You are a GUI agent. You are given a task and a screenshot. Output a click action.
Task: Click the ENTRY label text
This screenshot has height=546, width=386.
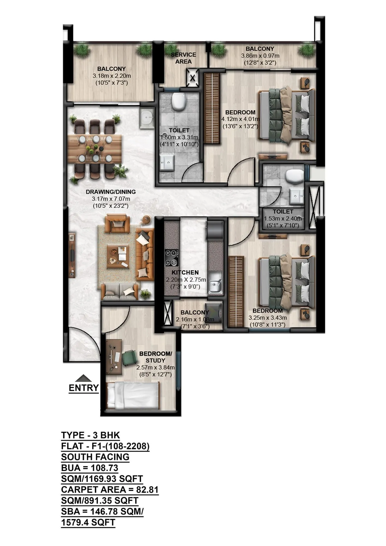click(x=84, y=388)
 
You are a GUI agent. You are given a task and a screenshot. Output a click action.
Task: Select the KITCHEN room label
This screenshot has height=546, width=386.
click(x=185, y=272)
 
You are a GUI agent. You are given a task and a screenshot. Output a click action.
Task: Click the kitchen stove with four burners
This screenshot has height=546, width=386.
click(x=171, y=258)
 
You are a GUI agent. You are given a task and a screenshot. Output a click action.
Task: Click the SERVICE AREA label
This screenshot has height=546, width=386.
click(x=183, y=58)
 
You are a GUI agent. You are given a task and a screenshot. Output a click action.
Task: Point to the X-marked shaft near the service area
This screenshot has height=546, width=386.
click(x=192, y=78)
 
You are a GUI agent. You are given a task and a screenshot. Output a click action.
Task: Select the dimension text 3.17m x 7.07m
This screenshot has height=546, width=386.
click(x=111, y=199)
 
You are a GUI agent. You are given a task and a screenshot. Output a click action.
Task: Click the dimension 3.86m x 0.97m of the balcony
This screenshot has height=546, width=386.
click(x=260, y=56)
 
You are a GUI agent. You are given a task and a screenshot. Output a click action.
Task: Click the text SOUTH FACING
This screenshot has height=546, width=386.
click(x=95, y=457)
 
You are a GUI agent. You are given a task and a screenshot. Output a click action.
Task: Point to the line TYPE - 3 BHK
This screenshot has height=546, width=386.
click(x=90, y=435)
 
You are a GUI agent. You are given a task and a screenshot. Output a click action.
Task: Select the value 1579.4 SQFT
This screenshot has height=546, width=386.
click(x=88, y=523)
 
